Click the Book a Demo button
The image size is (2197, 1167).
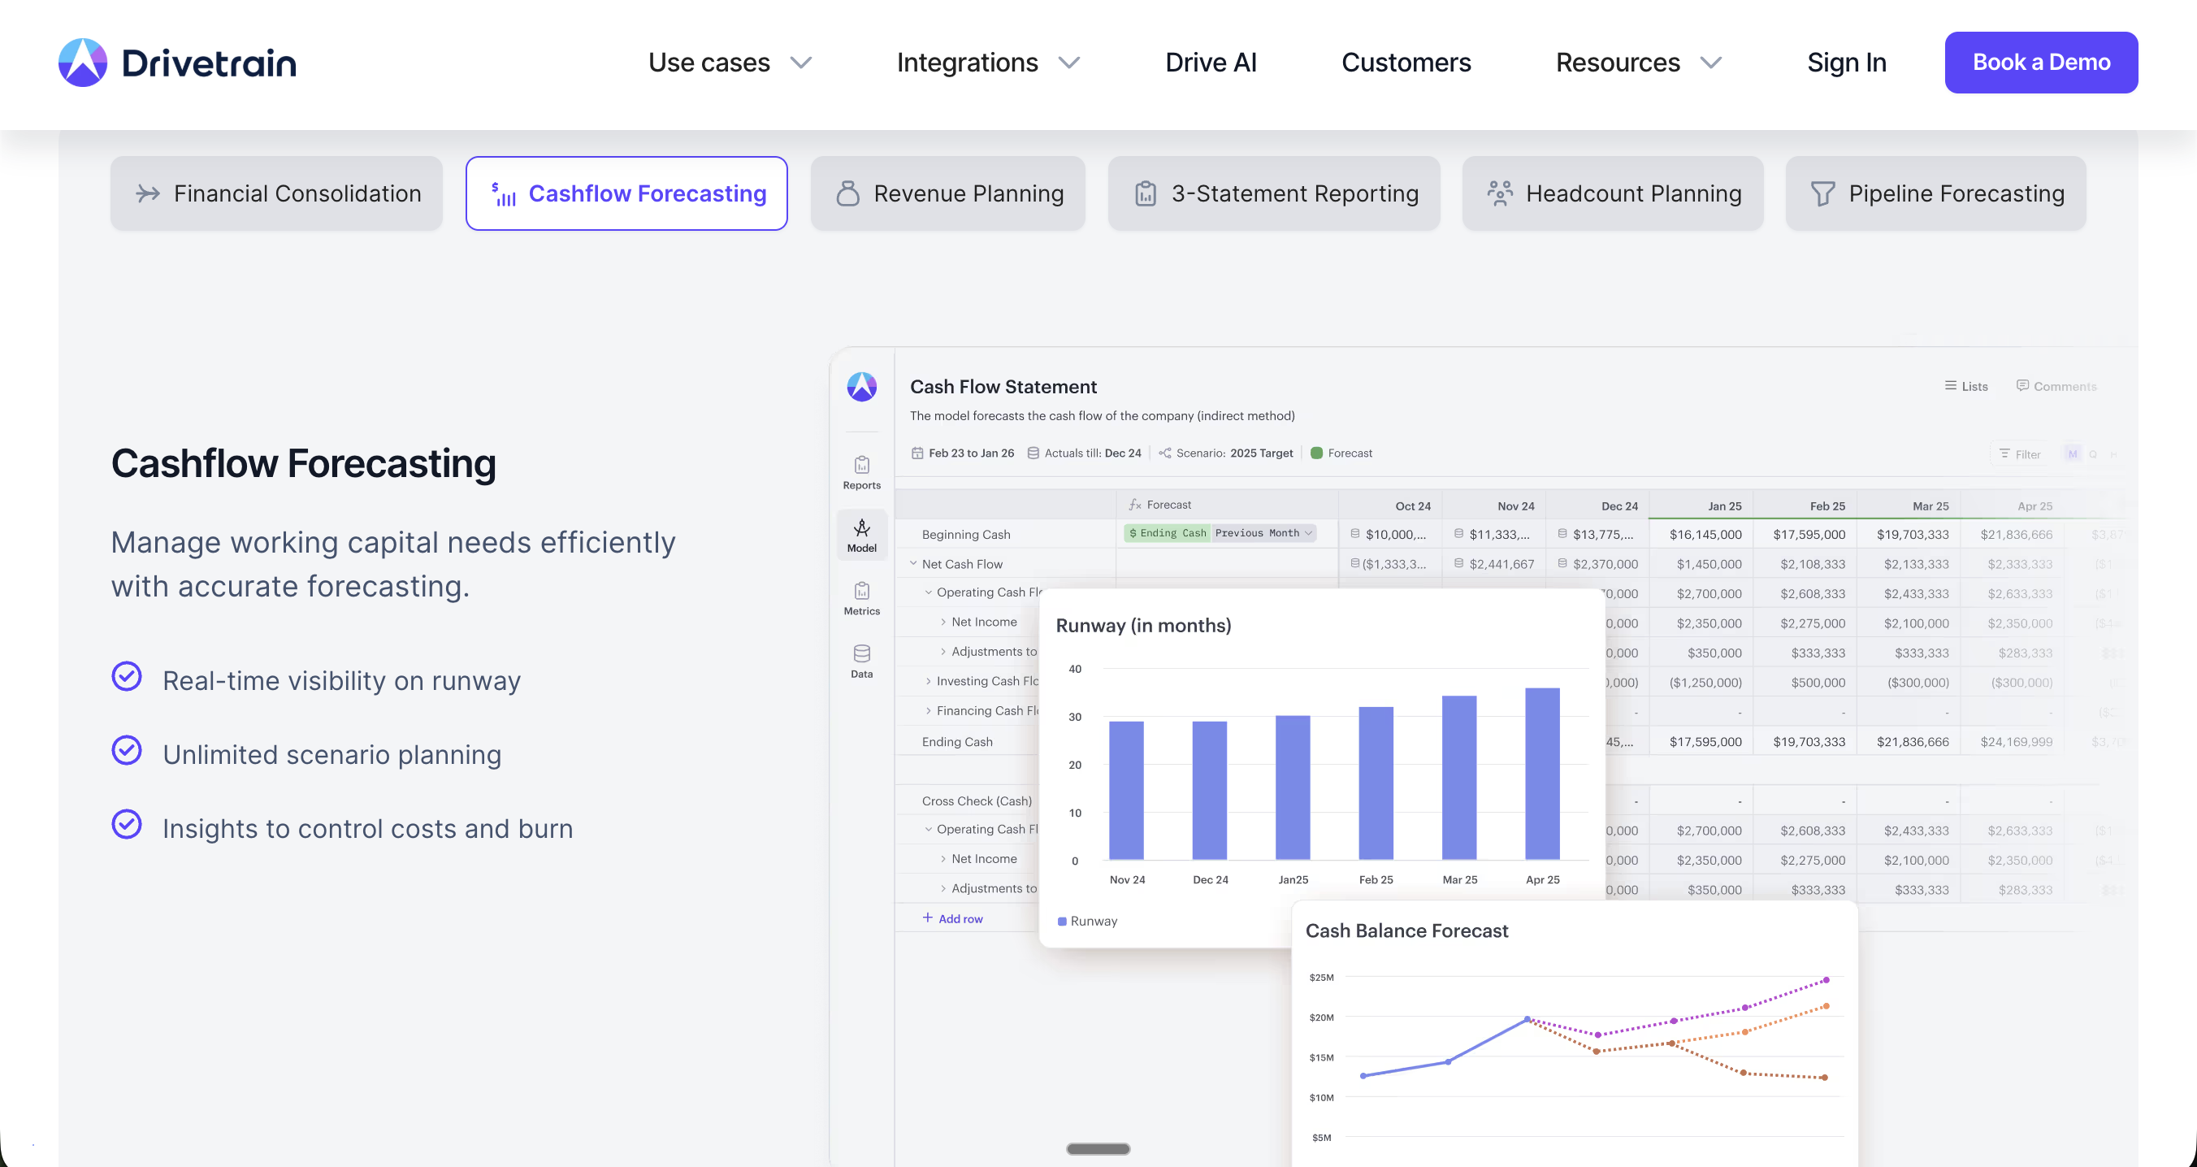(x=2040, y=63)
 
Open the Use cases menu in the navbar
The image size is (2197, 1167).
(x=729, y=63)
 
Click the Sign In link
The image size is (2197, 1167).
(x=1846, y=63)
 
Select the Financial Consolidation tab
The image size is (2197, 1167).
(x=276, y=193)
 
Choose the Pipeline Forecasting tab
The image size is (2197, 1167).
(x=1935, y=193)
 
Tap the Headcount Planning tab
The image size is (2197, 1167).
(x=1612, y=193)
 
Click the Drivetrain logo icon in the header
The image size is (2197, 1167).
(x=83, y=63)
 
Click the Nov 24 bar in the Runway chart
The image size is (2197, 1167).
(x=1126, y=790)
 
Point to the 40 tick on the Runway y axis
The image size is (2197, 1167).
(x=1075, y=669)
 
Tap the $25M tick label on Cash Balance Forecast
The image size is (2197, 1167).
(x=1321, y=978)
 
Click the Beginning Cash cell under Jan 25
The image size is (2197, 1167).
(x=1705, y=535)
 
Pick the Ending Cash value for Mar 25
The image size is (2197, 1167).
(x=1912, y=742)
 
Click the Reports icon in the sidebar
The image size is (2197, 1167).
(x=861, y=471)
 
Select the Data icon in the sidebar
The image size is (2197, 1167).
(x=861, y=660)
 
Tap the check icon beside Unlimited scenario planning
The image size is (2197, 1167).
(x=127, y=751)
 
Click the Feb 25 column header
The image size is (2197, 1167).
(x=1826, y=505)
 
